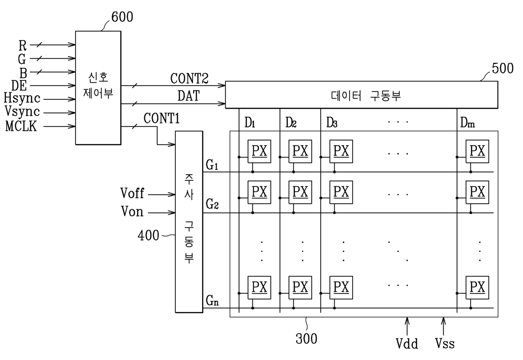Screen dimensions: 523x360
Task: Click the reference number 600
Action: tap(122, 17)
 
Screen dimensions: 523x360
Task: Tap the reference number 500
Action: tap(503, 68)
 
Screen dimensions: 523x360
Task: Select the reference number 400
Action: tap(148, 235)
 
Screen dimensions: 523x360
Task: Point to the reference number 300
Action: tap(306, 339)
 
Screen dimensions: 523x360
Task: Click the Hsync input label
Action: tap(22, 98)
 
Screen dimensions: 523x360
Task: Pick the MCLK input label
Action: tap(21, 126)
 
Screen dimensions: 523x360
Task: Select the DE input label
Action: tap(19, 86)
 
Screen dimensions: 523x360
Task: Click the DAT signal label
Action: tap(189, 96)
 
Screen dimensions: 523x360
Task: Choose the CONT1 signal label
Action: tap(162, 118)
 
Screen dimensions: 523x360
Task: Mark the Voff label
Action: tap(132, 193)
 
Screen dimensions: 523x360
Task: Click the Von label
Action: tap(132, 211)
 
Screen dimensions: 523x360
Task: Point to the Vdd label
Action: tap(407, 344)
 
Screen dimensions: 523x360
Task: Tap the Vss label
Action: tap(445, 344)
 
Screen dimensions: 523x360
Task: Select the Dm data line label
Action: tap(467, 123)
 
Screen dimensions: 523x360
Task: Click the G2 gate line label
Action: tap(212, 204)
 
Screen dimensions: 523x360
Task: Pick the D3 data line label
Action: tap(332, 123)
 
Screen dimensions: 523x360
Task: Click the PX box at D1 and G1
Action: tap(259, 151)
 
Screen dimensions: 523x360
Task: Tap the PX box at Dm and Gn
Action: tap(477, 287)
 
